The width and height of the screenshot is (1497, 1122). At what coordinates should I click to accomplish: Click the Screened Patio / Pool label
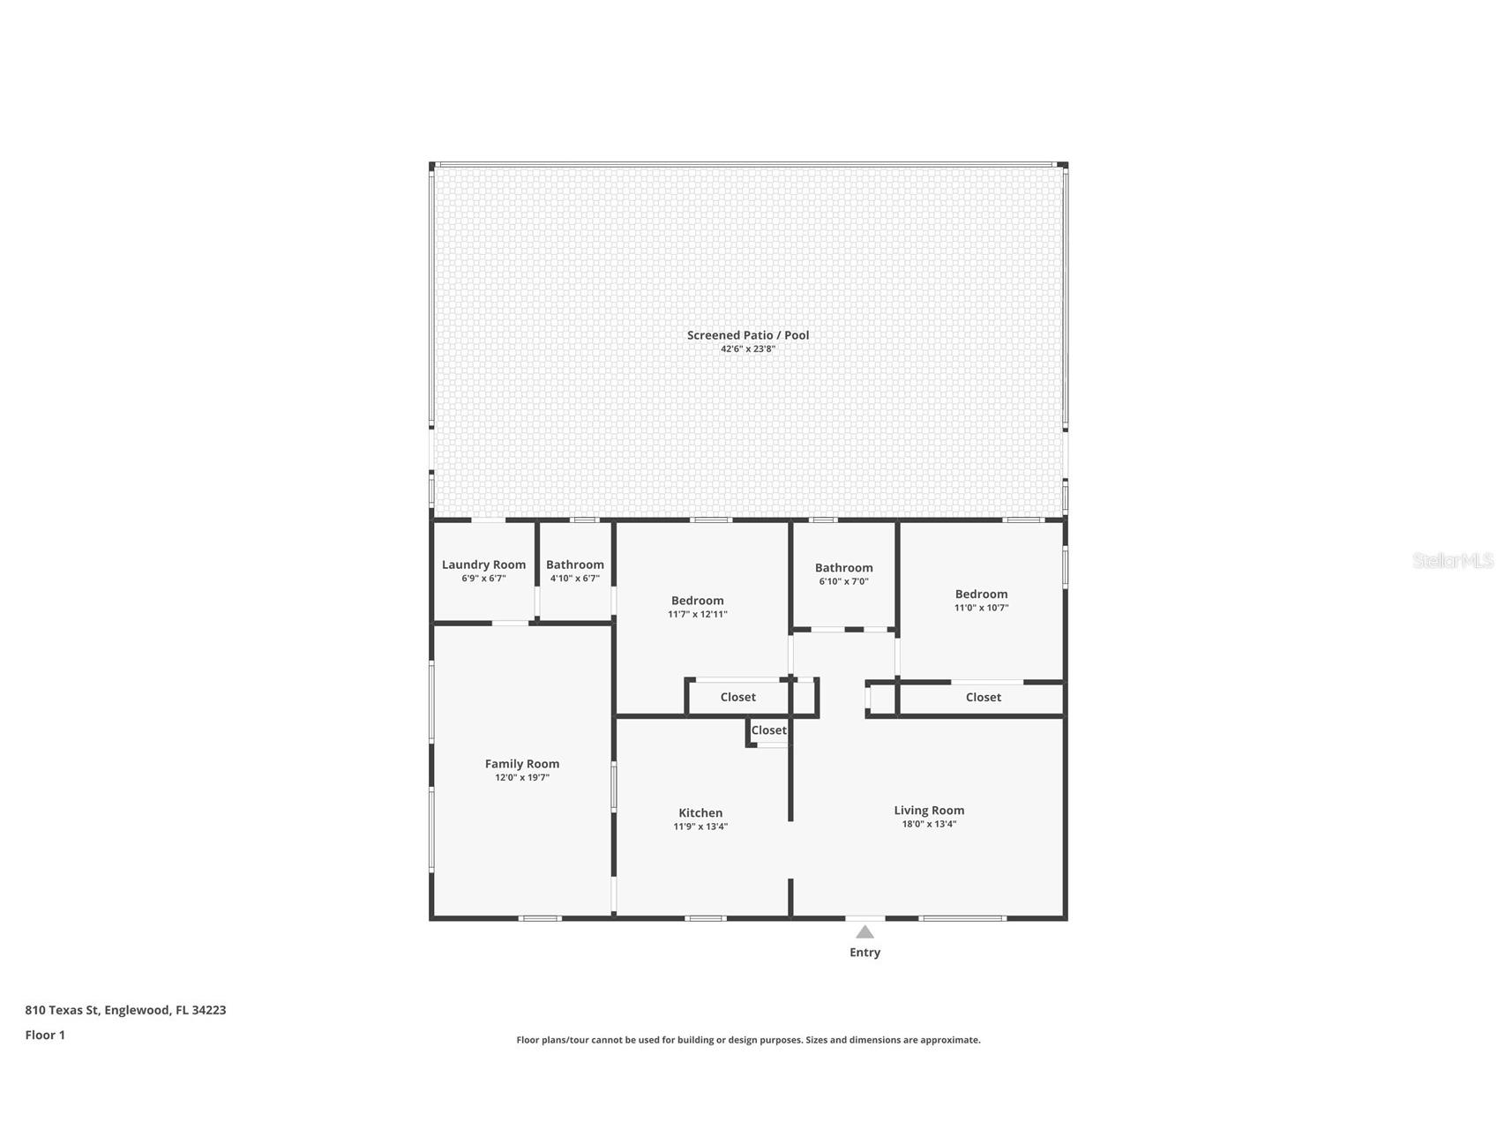[747, 335]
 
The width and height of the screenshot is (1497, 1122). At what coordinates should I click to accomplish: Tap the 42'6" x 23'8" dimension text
[747, 349]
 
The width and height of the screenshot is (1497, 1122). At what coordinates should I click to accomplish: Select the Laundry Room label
[483, 565]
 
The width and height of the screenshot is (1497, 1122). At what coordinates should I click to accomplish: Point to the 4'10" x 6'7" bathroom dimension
[574, 579]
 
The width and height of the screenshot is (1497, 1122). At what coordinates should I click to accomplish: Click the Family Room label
[521, 764]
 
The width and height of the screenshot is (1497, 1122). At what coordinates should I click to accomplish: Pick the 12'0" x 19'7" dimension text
[521, 778]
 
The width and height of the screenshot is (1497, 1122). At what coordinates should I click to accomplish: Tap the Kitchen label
[700, 813]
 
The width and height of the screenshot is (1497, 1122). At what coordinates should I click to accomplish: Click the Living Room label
[929, 811]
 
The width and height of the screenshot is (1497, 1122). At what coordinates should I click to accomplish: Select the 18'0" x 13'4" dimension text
[929, 825]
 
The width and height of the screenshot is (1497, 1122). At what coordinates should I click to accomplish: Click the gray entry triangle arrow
[865, 932]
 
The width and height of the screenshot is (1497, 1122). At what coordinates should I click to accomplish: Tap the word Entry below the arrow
[865, 953]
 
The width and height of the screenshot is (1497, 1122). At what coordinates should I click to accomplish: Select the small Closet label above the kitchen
[768, 730]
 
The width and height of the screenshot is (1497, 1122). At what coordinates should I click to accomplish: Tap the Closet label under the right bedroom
[983, 698]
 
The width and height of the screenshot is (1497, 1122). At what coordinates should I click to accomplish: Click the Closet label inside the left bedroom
[737, 698]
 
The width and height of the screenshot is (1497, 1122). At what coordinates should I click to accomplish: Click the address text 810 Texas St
[125, 1010]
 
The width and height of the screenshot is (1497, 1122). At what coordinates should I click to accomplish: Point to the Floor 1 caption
[45, 1036]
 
